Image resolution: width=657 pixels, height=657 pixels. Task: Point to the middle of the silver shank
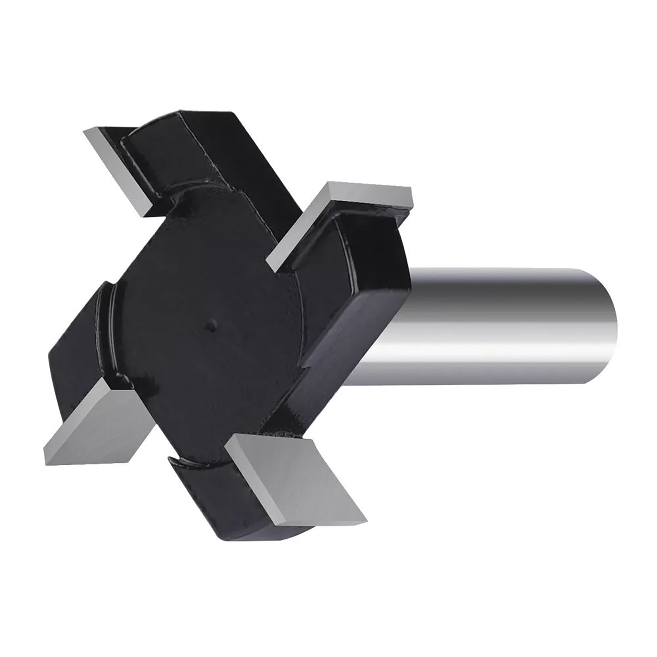pyautogui.click(x=493, y=324)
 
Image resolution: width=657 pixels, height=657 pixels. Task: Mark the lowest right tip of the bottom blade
pyautogui.click(x=365, y=519)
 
